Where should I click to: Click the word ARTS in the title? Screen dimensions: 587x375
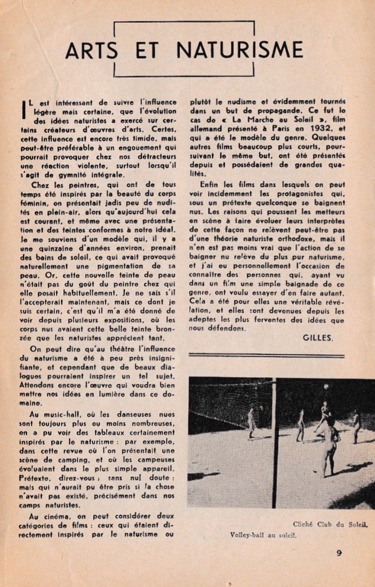coord(94,51)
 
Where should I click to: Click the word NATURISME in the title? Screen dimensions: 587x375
coord(240,51)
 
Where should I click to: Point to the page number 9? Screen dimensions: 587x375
coord(339,552)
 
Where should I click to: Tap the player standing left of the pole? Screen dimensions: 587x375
coord(252,422)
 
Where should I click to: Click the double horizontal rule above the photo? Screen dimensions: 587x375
coord(266,355)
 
